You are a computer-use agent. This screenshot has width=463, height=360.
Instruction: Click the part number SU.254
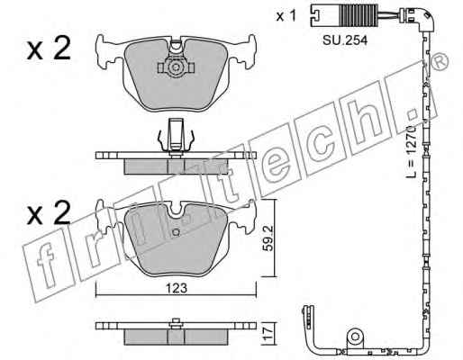pyautogui.click(x=345, y=40)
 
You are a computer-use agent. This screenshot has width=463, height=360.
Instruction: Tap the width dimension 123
pyautogui.click(x=177, y=288)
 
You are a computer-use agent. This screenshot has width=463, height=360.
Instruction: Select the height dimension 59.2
pyautogui.click(x=268, y=238)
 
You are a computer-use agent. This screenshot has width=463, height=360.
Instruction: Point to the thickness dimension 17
pyautogui.click(x=268, y=333)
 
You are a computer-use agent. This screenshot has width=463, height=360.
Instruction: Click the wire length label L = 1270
pyautogui.click(x=412, y=151)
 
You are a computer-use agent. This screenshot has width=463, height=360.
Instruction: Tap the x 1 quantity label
pyautogui.click(x=286, y=15)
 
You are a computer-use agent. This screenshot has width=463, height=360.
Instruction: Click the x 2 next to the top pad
pyautogui.click(x=49, y=49)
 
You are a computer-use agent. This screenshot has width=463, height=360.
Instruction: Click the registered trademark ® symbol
pyautogui.click(x=440, y=62)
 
